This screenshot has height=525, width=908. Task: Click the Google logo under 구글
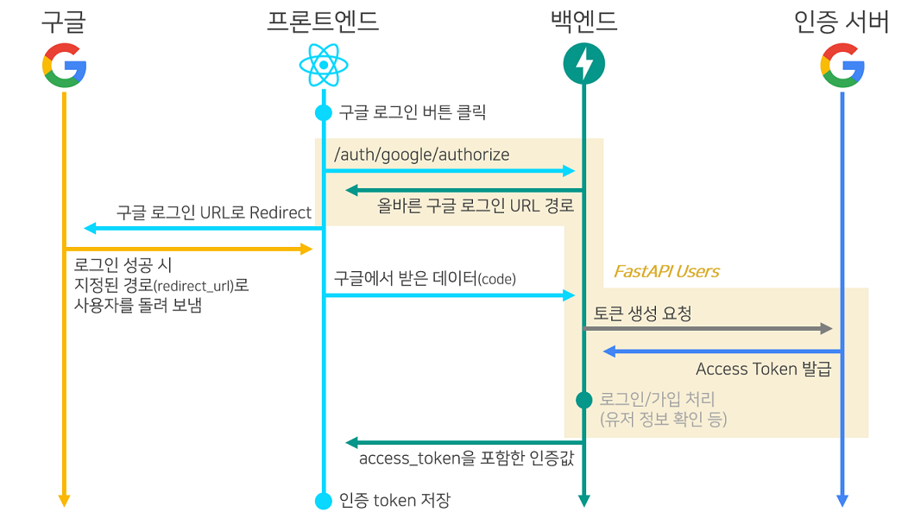pos(64,66)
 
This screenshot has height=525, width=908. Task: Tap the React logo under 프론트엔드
pos(323,66)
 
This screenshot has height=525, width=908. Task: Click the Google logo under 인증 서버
pos(842,66)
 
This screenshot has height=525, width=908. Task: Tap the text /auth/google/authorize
pos(422,155)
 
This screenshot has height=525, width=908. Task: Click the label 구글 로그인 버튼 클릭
pos(413,112)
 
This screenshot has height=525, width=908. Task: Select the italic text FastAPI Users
pos(665,272)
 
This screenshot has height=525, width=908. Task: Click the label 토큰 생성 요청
pos(642,314)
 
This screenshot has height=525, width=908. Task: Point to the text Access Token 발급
pos(763,370)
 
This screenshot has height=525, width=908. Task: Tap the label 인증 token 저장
pos(394,500)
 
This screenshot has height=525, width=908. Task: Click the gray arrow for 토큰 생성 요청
pos(708,329)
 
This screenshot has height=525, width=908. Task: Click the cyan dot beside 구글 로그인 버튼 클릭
pos(324,112)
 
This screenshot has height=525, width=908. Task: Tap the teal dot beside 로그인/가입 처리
pos(584,400)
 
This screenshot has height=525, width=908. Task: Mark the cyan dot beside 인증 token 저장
pos(324,500)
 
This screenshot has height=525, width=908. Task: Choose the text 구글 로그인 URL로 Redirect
pos(214,212)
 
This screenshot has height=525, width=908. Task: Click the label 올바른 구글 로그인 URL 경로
pos(476,206)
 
